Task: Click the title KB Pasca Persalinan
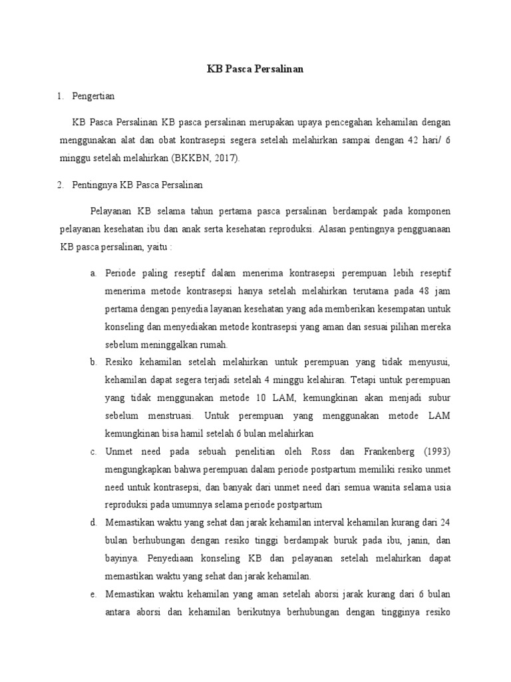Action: click(x=255, y=70)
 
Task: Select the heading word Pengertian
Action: click(x=93, y=96)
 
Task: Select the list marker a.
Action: click(x=92, y=273)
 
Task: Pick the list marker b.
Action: click(x=92, y=362)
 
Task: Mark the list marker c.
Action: click(x=92, y=451)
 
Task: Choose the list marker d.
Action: click(x=92, y=521)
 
